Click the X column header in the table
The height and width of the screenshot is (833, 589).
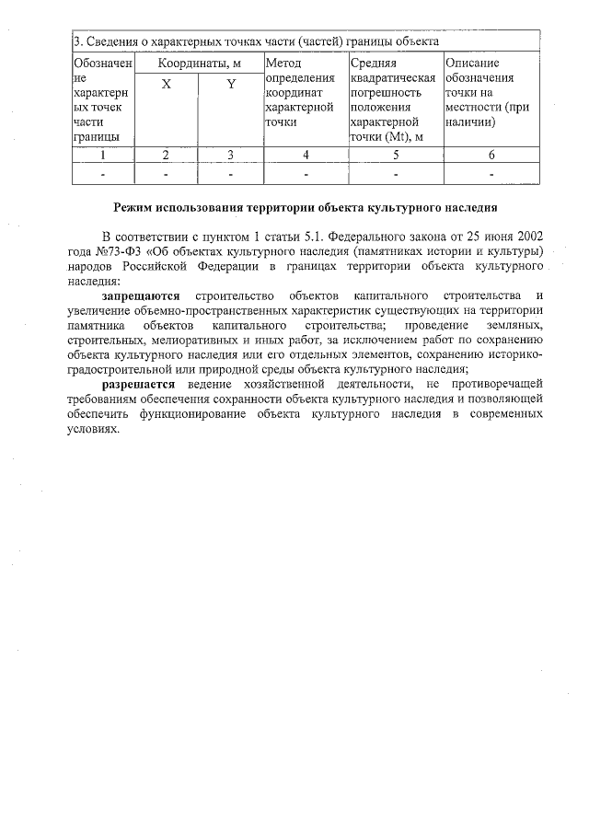click(166, 85)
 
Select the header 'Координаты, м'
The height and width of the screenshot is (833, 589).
click(199, 64)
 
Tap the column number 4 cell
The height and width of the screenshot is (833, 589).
click(306, 155)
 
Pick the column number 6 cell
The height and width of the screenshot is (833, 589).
click(491, 155)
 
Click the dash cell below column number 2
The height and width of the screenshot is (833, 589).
click(166, 172)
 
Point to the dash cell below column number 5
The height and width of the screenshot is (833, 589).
click(396, 172)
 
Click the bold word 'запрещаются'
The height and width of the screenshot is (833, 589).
click(141, 295)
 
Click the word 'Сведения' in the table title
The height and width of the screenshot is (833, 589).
click(111, 42)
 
